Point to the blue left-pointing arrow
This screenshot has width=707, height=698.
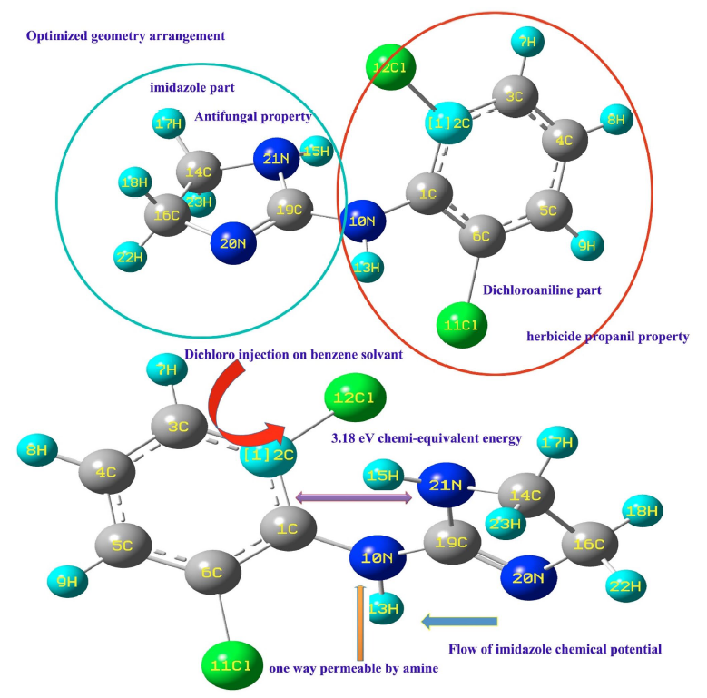460,621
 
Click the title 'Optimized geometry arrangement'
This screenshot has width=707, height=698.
125,36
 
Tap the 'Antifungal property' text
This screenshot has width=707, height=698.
253,116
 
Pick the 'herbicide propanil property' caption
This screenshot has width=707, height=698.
607,337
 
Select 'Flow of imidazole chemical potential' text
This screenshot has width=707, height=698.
555,649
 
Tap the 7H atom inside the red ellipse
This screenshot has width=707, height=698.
527,41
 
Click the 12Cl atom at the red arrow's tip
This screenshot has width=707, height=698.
355,398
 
